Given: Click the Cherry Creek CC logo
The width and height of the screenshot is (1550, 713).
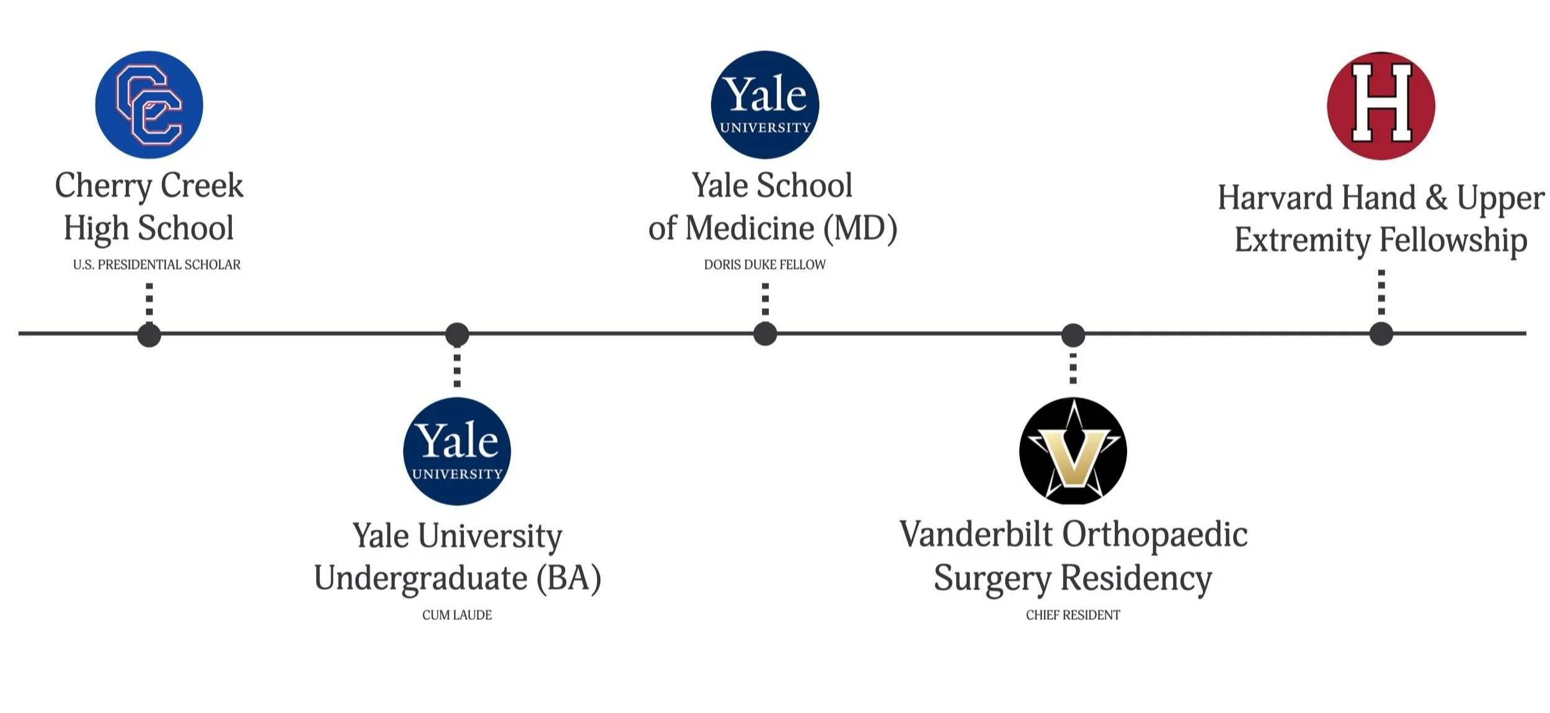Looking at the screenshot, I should coord(149,105).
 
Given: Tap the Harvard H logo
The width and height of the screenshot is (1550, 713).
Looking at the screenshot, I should coord(1381,105).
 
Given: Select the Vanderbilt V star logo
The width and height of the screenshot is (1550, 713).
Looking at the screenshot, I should coord(1073,451).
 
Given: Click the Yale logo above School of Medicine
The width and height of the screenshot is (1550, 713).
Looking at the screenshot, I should coord(764,105).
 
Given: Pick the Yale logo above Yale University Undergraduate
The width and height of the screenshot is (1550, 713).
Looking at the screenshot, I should coord(457,451).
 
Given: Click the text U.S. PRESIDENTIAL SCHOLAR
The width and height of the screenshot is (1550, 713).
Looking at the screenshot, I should coord(156,265).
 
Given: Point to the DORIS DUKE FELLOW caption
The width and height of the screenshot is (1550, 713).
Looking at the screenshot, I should coord(764,265).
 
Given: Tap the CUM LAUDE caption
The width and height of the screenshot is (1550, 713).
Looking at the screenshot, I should coord(457,615).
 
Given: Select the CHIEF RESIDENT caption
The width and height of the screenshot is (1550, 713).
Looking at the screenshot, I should coord(1073,615).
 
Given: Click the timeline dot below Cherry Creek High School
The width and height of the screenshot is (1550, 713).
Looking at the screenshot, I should coord(149,335).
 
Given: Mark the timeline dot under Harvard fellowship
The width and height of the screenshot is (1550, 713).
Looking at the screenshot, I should coord(1381,334).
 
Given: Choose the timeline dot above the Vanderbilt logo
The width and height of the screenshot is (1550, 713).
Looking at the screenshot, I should coord(1073,335).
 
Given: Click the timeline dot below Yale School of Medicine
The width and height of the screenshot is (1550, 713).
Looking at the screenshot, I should coord(764,334).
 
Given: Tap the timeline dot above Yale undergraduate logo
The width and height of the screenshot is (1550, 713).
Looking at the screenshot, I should coord(457,335).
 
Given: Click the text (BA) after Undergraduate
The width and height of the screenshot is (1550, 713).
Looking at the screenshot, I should coord(569,578).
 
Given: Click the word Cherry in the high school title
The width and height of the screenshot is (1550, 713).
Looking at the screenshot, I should coord(103,186).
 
